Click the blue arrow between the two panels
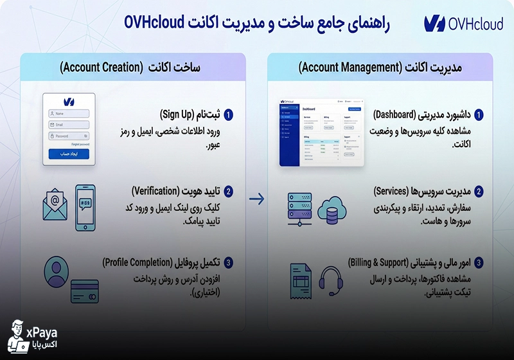point(257,199)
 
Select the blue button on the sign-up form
point(69,154)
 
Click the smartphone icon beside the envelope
point(85,208)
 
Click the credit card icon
point(85,291)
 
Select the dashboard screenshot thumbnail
point(321,132)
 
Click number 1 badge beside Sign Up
point(229,115)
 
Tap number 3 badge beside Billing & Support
point(479,263)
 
